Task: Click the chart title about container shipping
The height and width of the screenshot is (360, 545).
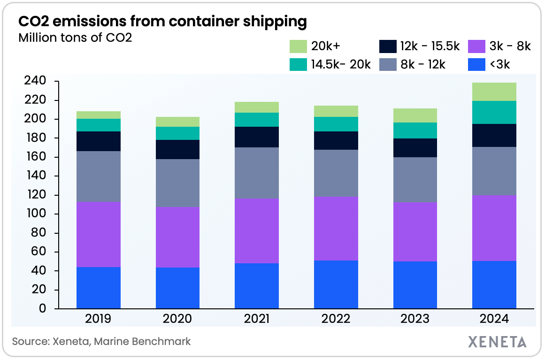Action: [x=162, y=21]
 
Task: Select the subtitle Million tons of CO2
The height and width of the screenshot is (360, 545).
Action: [x=75, y=38]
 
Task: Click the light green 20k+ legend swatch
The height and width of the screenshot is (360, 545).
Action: [x=298, y=46]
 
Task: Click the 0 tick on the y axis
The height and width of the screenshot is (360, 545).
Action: [x=42, y=309]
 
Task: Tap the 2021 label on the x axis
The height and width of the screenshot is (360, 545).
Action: [x=256, y=319]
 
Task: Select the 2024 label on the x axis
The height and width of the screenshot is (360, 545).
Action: [x=494, y=319]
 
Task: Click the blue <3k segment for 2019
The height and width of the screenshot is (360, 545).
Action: [x=98, y=288]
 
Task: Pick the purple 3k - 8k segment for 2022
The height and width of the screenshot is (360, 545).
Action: [x=336, y=229]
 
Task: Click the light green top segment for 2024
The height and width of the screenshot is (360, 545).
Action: [x=494, y=92]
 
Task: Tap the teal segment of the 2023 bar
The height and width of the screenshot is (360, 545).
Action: [x=415, y=130]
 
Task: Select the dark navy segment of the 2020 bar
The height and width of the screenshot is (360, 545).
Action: [x=177, y=149]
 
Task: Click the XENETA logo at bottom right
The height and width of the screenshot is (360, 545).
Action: [x=497, y=341]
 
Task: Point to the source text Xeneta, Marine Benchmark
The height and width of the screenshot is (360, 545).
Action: [x=101, y=341]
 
